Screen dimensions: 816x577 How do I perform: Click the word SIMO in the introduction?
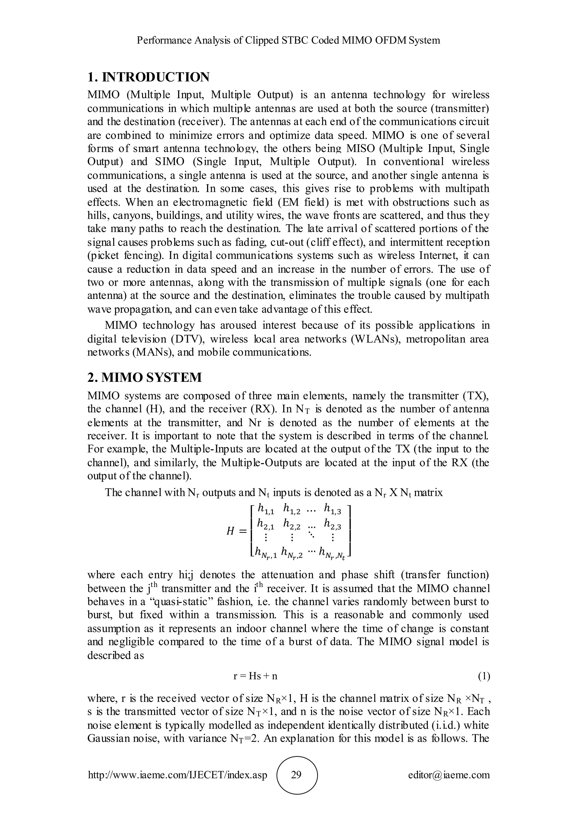click(170, 162)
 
